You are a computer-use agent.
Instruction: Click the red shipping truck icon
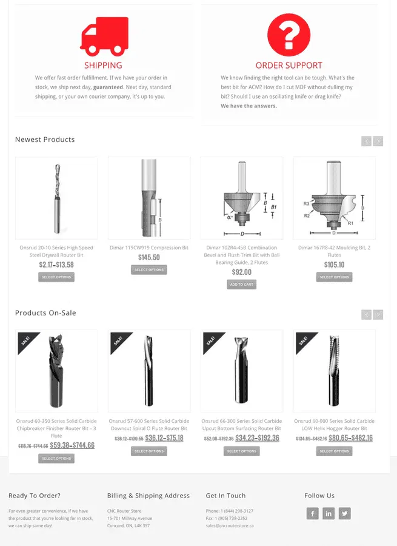(x=104, y=36)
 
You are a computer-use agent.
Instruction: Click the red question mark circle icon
(x=289, y=34)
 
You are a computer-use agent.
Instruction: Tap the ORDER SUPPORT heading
(x=289, y=66)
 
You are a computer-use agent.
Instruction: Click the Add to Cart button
(x=241, y=285)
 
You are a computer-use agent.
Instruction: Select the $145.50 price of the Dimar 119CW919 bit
(x=148, y=257)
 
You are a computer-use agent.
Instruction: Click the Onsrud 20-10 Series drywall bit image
(x=56, y=198)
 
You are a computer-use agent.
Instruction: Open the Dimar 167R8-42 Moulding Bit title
(x=334, y=251)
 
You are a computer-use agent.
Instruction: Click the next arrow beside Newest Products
(x=378, y=141)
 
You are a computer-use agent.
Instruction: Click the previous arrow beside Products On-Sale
(x=366, y=314)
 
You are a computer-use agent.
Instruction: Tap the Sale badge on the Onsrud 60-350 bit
(x=25, y=341)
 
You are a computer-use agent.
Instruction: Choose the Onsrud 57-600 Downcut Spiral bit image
(x=149, y=371)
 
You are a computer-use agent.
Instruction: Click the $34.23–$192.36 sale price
(x=257, y=438)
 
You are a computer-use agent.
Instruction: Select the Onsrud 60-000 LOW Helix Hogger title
(x=334, y=425)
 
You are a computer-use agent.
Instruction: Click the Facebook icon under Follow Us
(x=312, y=514)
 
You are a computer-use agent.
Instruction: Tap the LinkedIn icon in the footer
(x=329, y=514)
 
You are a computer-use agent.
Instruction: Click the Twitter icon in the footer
(x=344, y=514)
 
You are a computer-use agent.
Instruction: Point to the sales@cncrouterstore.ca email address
(x=230, y=526)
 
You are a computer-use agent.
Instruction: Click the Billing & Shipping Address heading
(x=148, y=496)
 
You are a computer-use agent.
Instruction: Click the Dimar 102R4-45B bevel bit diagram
(x=242, y=198)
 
